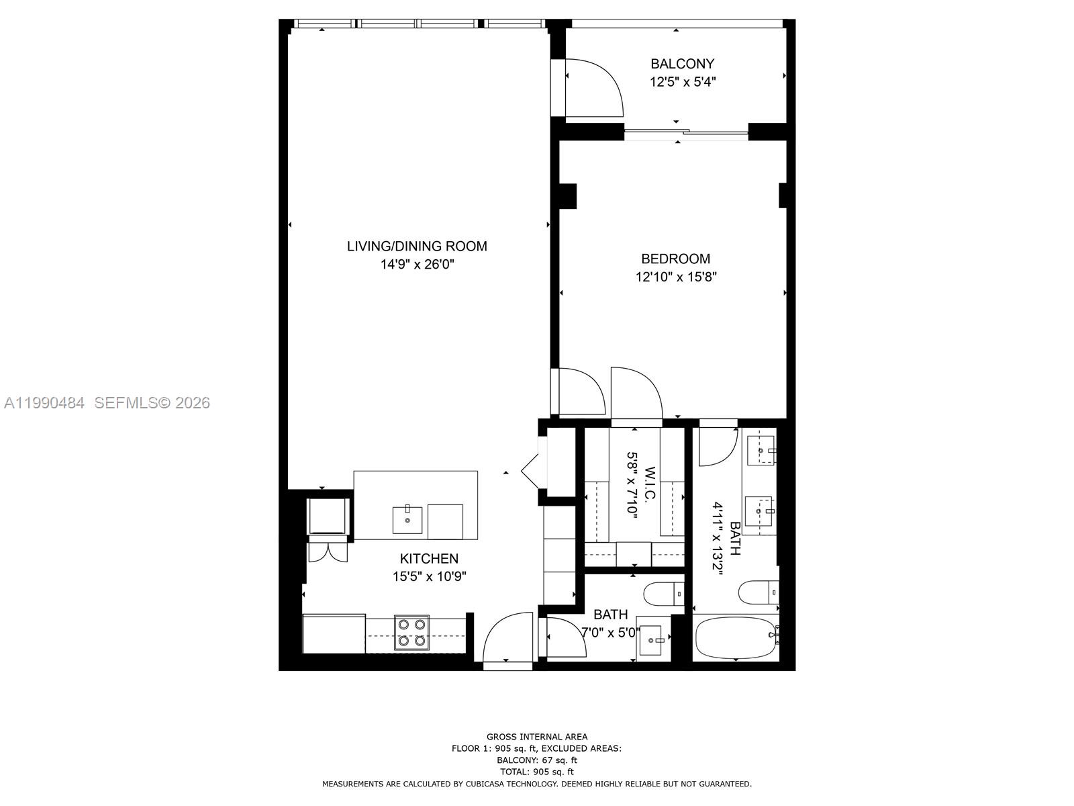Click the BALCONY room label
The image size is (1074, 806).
682,64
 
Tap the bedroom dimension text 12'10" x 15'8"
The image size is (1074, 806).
676,277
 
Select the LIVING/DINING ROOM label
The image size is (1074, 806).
417,247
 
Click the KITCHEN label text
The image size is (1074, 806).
429,558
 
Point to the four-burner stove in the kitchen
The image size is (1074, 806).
411,632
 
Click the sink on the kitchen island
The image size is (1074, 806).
407,519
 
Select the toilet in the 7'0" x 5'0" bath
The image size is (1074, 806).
662,594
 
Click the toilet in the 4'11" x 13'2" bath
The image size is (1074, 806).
758,592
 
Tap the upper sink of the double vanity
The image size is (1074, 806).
761,450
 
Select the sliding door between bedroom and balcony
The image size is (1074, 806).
685,133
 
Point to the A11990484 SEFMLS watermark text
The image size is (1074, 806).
107,403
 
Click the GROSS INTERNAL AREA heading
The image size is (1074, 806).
536,737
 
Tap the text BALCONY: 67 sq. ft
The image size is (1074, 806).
536,760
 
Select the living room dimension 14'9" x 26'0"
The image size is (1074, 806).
417,265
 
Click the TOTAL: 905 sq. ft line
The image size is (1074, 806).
536,772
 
